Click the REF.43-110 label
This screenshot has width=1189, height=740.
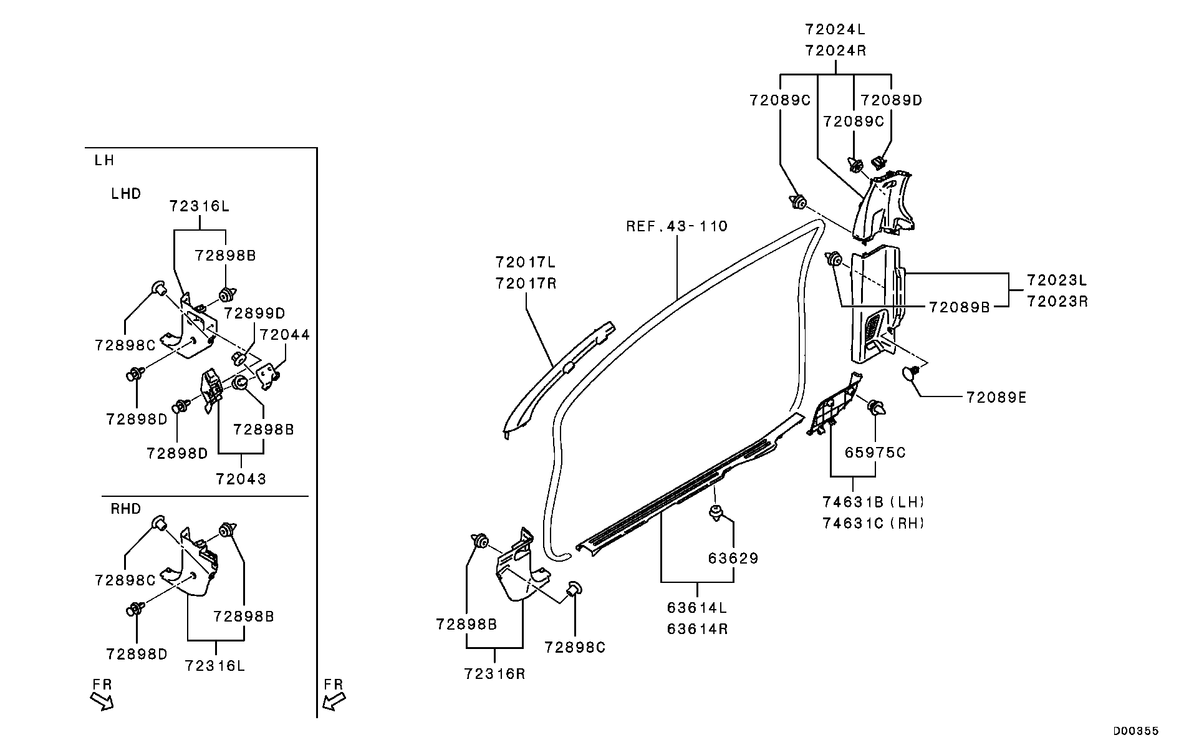676,226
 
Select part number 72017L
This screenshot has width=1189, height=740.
526,262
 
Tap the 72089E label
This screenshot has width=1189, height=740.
996,397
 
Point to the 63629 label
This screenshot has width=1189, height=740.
733,558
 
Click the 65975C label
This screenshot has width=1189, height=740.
875,453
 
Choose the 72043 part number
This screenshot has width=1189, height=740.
241,479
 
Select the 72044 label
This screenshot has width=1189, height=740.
285,335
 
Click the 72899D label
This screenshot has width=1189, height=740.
254,313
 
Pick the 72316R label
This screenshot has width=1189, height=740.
494,674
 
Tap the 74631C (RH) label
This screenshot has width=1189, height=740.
873,523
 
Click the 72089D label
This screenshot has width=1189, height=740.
891,100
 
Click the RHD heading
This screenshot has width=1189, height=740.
126,509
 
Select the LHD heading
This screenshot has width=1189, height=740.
126,194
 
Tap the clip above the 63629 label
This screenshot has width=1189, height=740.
716,513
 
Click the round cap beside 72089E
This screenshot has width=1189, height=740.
912,373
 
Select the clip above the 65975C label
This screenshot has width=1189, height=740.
877,408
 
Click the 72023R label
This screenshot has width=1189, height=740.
1057,301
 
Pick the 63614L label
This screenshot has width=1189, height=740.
696,607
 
